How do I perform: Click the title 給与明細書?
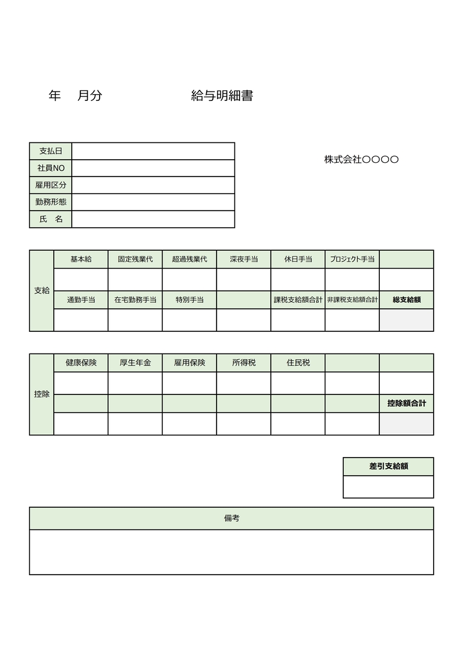point(222,96)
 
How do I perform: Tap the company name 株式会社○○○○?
point(361,159)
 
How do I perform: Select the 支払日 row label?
point(51,151)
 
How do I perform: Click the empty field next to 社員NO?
point(153,168)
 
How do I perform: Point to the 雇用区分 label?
point(51,185)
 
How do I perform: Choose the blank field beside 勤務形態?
point(153,202)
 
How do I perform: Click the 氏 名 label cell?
point(51,219)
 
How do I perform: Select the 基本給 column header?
point(81,259)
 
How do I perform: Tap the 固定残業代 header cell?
point(135,259)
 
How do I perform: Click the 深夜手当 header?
point(244,259)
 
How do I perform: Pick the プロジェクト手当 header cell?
point(352,259)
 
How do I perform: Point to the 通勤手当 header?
point(81,300)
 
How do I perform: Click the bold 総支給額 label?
point(406,300)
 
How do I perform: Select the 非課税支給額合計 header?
point(352,300)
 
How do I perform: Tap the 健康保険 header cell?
point(81,363)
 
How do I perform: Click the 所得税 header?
point(244,363)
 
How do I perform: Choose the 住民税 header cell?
point(298,363)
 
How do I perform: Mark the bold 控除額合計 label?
point(406,403)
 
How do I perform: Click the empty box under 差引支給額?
point(389,487)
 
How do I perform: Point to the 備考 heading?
point(231,518)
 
